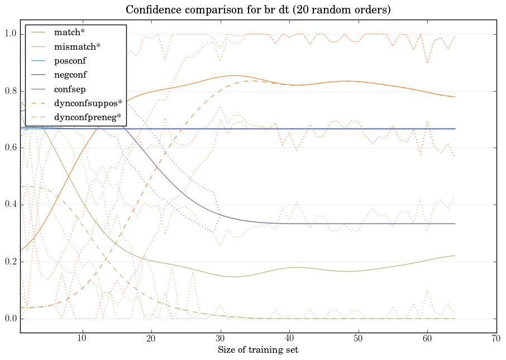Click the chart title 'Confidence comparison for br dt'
click(x=257, y=10)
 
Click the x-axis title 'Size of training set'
click(x=257, y=350)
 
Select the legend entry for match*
click(x=66, y=32)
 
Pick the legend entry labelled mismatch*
click(x=72, y=46)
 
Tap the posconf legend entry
click(x=70, y=60)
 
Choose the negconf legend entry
click(x=70, y=74)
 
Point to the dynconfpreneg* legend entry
click(x=88, y=117)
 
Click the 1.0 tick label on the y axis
click(x=11, y=34)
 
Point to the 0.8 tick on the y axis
click(x=11, y=91)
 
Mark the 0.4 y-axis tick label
click(x=11, y=205)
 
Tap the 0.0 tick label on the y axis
click(x=11, y=319)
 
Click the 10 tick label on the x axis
click(x=82, y=339)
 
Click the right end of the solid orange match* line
click(x=455, y=97)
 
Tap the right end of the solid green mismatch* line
click(x=455, y=255)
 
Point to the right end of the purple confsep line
click(x=455, y=224)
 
